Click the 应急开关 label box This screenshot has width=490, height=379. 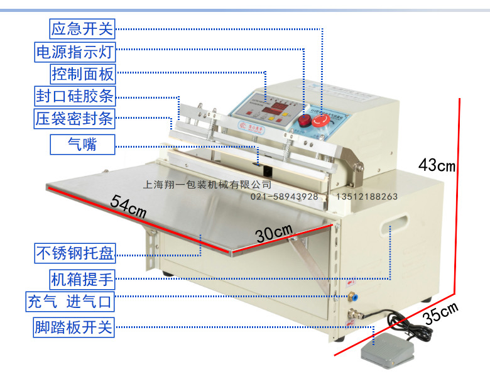83,28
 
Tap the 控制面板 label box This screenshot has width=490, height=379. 83,74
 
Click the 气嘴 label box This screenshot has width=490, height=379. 83,145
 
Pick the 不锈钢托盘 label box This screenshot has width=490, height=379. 74,254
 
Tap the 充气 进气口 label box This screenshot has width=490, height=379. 69,302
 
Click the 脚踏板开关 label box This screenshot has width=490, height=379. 74,327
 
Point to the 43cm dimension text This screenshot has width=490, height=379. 437,166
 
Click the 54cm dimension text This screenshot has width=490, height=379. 128,207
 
